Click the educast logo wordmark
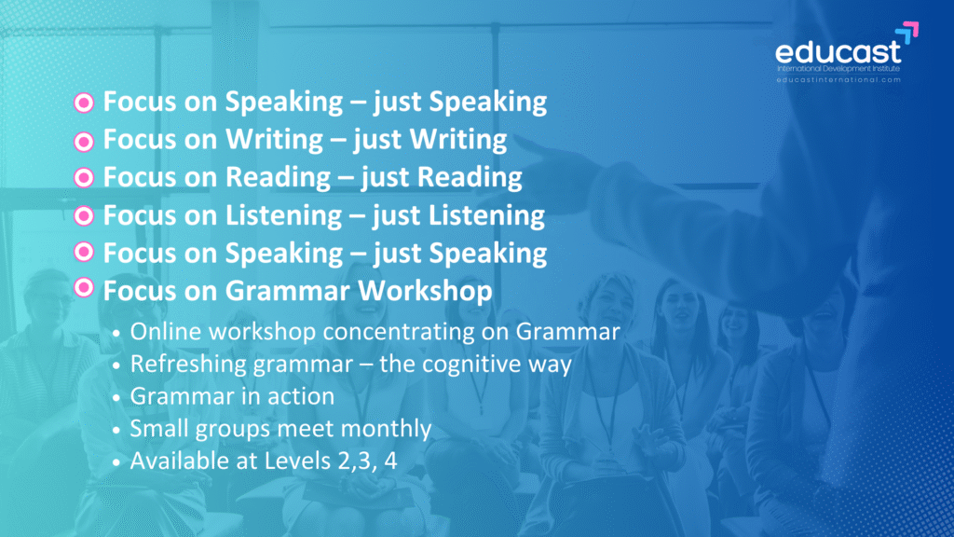tap(838, 52)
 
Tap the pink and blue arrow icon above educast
tap(907, 33)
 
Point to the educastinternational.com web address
tap(838, 80)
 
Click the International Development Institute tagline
tap(838, 69)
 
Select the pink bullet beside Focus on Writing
tap(84, 142)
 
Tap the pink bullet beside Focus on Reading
tap(84, 178)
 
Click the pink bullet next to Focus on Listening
tap(84, 216)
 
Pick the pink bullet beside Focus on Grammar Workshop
tap(84, 287)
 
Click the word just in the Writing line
tap(375, 140)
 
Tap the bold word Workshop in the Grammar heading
tap(425, 291)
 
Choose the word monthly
tap(386, 429)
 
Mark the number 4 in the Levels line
tap(390, 461)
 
